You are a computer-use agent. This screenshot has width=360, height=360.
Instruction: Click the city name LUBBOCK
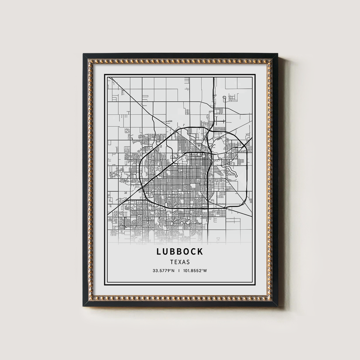pyautogui.click(x=180, y=251)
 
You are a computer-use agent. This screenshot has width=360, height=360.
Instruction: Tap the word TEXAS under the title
pyautogui.click(x=180, y=262)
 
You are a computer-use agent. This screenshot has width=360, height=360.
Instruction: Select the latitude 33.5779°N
pyautogui.click(x=163, y=271)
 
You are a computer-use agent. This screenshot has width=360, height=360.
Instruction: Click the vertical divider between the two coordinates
pyautogui.click(x=179, y=271)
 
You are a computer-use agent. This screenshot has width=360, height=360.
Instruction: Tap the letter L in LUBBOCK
pyautogui.click(x=159, y=251)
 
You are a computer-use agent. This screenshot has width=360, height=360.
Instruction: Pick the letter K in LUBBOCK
pyautogui.click(x=200, y=251)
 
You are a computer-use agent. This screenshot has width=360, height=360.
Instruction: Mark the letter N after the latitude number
pyautogui.click(x=173, y=271)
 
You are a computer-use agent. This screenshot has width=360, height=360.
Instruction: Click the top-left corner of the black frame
pyautogui.click(x=84, y=54)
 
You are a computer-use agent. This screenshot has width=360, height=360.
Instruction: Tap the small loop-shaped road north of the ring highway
pyautogui.click(x=225, y=98)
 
